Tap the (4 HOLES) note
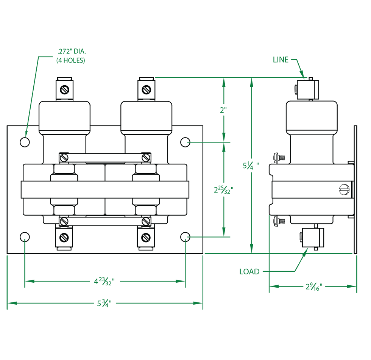tap(71, 60)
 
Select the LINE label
tap(281, 59)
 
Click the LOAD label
tap(249, 271)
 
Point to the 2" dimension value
tap(223, 110)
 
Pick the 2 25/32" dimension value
tap(223, 189)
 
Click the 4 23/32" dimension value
tap(104, 281)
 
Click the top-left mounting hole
tap(25, 142)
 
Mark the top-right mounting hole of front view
tap(185, 142)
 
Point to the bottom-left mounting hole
tap(25, 237)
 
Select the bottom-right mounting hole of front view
tap(185, 237)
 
